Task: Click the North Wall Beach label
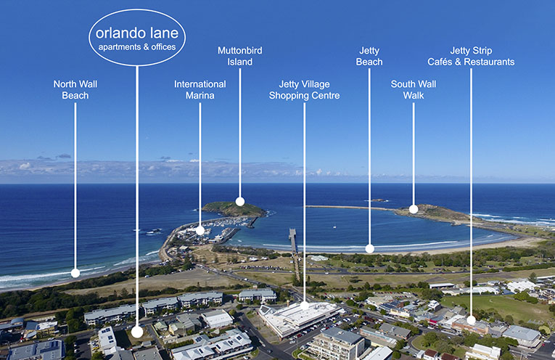pos(75,89)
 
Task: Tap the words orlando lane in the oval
pos(137,33)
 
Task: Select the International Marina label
pos(200,89)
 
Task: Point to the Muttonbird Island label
pos(239,56)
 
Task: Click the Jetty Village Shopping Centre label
pos(304,89)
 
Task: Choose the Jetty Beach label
pos(369,56)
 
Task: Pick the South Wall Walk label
pos(413,89)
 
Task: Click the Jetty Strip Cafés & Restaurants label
pos(471,56)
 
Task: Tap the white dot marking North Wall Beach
pos(75,274)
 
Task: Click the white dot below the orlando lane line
pos(137,332)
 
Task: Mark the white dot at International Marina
pos(200,230)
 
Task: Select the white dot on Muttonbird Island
pos(240,202)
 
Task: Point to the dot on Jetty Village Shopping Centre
pos(305,306)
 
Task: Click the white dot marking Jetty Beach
pos(369,248)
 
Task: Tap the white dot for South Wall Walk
pos(414,209)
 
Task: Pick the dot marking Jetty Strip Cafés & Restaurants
pos(471,319)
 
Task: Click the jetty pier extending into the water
pos(293,240)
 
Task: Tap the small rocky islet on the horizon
pos(377,200)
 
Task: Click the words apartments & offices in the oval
pos(137,48)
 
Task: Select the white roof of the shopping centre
pos(294,316)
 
